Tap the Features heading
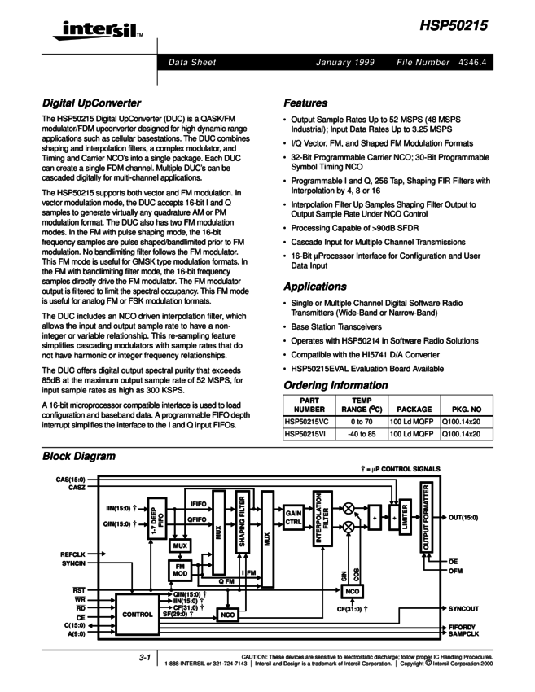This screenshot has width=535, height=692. click(305, 103)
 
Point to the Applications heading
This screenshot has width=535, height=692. click(314, 287)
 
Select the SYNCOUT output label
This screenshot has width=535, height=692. click(463, 608)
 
